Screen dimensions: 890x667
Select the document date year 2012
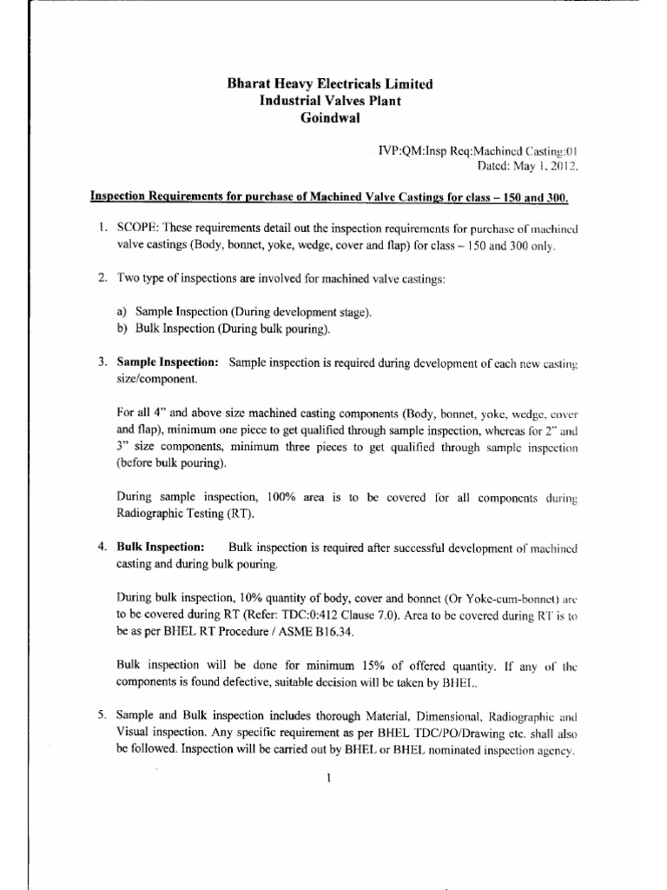click(561, 165)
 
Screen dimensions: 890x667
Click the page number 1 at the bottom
click(331, 778)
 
